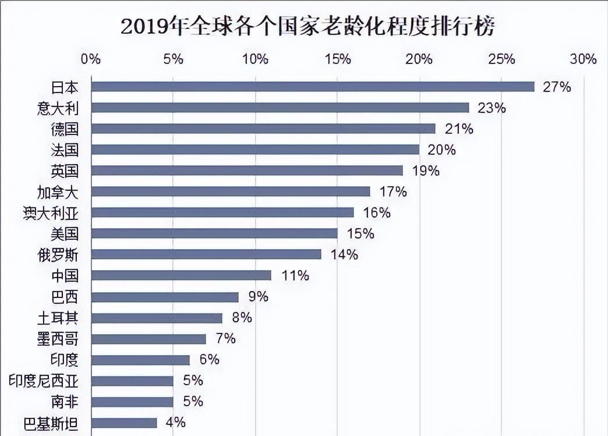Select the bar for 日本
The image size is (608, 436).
[313, 87]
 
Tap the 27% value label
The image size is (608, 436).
[556, 87]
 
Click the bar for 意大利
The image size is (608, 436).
[280, 108]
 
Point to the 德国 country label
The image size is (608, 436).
[64, 129]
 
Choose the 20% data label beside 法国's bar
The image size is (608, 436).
[441, 150]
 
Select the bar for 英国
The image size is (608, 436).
[248, 171]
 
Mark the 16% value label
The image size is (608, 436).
[376, 212]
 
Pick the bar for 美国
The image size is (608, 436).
[215, 233]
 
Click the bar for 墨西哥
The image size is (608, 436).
[149, 339]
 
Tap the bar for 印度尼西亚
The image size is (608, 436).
[133, 381]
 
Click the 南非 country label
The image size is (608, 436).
[64, 402]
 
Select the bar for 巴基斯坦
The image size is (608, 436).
[125, 423]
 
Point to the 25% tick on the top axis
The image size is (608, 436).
[501, 59]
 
